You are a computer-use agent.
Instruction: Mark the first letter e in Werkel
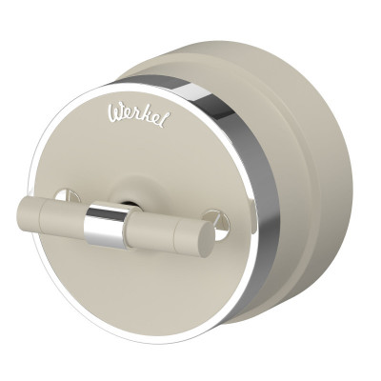(129, 122)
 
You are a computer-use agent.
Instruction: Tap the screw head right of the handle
(218, 220)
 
